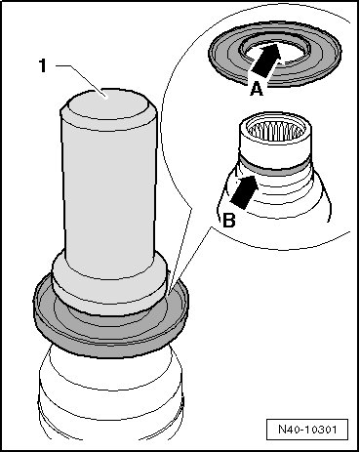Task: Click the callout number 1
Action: tap(43, 66)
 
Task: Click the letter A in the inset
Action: tap(257, 89)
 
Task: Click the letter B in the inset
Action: tap(229, 221)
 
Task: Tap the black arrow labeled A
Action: tap(266, 62)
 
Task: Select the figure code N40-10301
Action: tap(307, 430)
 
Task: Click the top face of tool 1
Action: tap(105, 103)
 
